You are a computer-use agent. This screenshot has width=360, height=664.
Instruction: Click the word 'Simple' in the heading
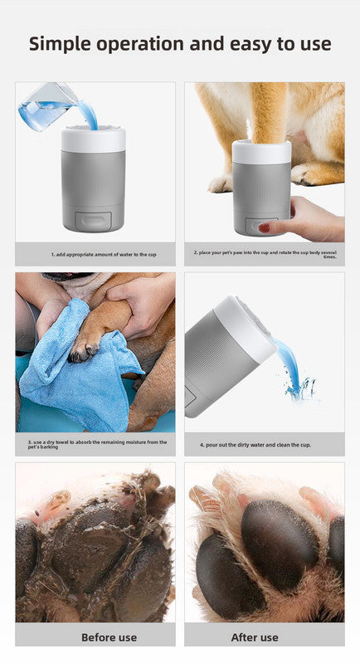(64, 43)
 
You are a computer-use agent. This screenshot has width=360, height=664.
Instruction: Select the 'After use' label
(265, 637)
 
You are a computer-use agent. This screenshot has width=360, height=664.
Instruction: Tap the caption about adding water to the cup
(95, 254)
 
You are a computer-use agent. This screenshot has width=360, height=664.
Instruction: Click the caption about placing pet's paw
(265, 254)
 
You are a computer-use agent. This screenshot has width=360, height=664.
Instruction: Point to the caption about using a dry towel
(95, 443)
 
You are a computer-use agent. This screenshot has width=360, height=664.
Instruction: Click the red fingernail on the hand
(264, 227)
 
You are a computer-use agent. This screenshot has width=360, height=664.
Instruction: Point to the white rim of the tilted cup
(249, 328)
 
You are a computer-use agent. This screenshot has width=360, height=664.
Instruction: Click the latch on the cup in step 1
(94, 220)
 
